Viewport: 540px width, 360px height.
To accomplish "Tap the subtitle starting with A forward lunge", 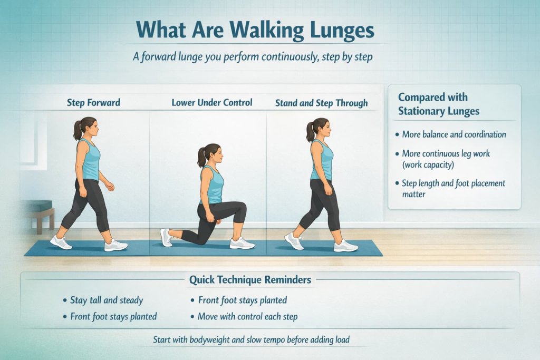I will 253,56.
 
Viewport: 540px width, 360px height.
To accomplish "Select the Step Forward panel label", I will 93,102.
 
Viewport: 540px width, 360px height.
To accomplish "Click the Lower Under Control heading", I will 211,102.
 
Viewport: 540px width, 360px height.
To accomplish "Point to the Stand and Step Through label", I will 321,103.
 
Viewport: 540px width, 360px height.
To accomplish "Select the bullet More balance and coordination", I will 454,134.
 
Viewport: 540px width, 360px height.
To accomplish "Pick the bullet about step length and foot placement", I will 454,189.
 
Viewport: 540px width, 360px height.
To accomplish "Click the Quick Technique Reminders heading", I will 250,279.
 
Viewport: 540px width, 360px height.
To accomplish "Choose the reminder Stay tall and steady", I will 106,300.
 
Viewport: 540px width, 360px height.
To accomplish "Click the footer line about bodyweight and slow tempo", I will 251,339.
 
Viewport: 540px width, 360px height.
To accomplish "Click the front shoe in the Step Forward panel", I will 115,245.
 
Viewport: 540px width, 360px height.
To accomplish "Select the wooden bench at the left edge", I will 40,211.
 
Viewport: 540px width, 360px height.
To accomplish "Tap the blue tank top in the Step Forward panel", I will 91,161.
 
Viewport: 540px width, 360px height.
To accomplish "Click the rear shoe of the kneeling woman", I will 167,237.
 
